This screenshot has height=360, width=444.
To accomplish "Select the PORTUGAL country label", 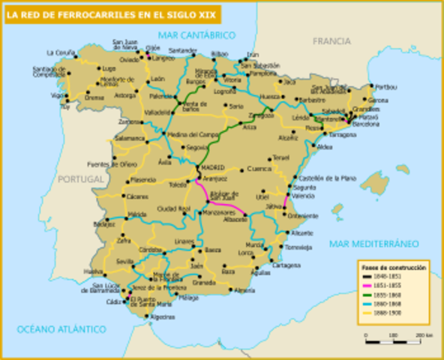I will pyautogui.click(x=79, y=179).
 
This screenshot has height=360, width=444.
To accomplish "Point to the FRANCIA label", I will pyautogui.click(x=331, y=41).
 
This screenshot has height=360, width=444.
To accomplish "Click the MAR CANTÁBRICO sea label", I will pyautogui.click(x=196, y=35).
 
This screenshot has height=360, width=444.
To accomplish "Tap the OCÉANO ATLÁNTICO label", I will pyautogui.click(x=61, y=328).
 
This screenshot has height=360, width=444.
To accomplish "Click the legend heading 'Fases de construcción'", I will pyautogui.click(x=394, y=268).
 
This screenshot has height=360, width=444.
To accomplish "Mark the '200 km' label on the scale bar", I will pyautogui.click(x=424, y=335).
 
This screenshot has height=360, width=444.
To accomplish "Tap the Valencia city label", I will pyautogui.click(x=303, y=195).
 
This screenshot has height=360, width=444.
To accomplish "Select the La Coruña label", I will pyautogui.click(x=61, y=53).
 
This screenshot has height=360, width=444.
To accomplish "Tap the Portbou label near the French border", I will pyautogui.click(x=385, y=87).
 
